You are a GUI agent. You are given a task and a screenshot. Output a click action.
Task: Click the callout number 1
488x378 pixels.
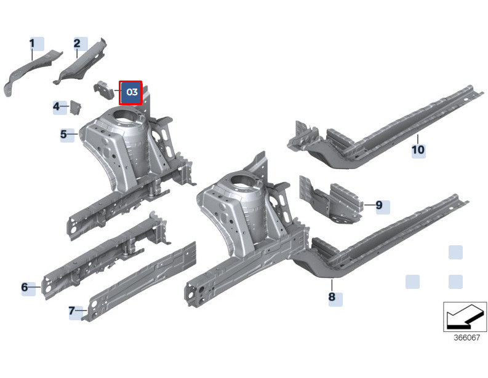33,44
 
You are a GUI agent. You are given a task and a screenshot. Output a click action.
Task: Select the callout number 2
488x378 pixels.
77,43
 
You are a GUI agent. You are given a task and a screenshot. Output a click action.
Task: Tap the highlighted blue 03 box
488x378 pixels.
130,93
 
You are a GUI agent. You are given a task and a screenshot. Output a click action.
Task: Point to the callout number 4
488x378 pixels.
56,107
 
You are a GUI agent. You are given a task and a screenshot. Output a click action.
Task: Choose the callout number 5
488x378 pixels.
63,134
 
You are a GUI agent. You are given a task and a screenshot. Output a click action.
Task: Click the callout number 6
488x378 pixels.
25,287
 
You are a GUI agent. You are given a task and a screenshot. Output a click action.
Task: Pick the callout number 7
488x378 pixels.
72,310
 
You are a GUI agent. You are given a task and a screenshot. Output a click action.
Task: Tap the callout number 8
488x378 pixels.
332,296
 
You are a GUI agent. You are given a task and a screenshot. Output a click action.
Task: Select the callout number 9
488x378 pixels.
379,205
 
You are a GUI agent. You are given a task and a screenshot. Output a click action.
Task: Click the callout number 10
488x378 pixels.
418,150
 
